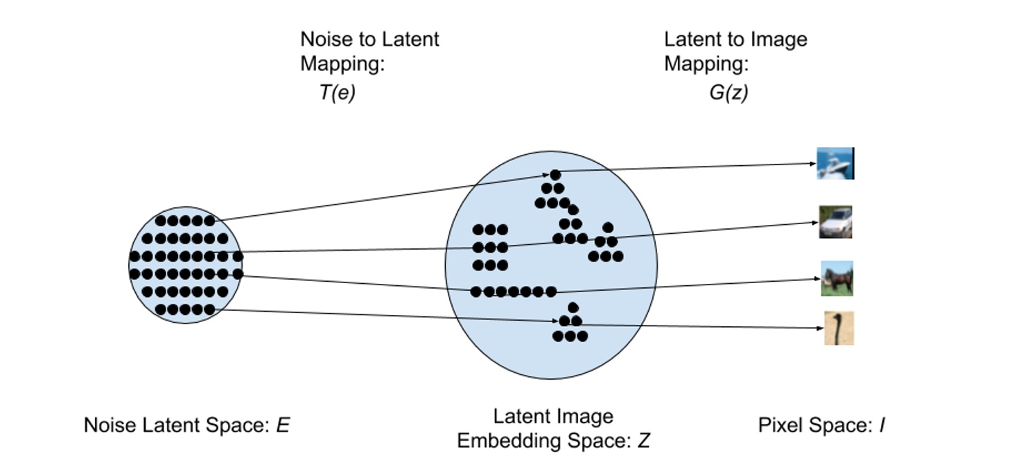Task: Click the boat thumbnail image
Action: click(835, 164)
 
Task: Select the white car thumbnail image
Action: click(835, 222)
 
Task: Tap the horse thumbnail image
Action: click(837, 279)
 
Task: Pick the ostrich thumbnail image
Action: click(839, 328)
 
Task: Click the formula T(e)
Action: click(338, 93)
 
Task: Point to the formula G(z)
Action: click(728, 93)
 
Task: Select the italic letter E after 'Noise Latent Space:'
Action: click(283, 425)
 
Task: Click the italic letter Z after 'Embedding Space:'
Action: click(643, 441)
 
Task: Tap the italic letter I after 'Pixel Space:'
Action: click(882, 425)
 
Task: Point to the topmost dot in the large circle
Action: click(555, 175)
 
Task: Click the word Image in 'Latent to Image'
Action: click(782, 39)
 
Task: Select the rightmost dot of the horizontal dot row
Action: click(551, 292)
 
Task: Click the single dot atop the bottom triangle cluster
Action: click(572, 307)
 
